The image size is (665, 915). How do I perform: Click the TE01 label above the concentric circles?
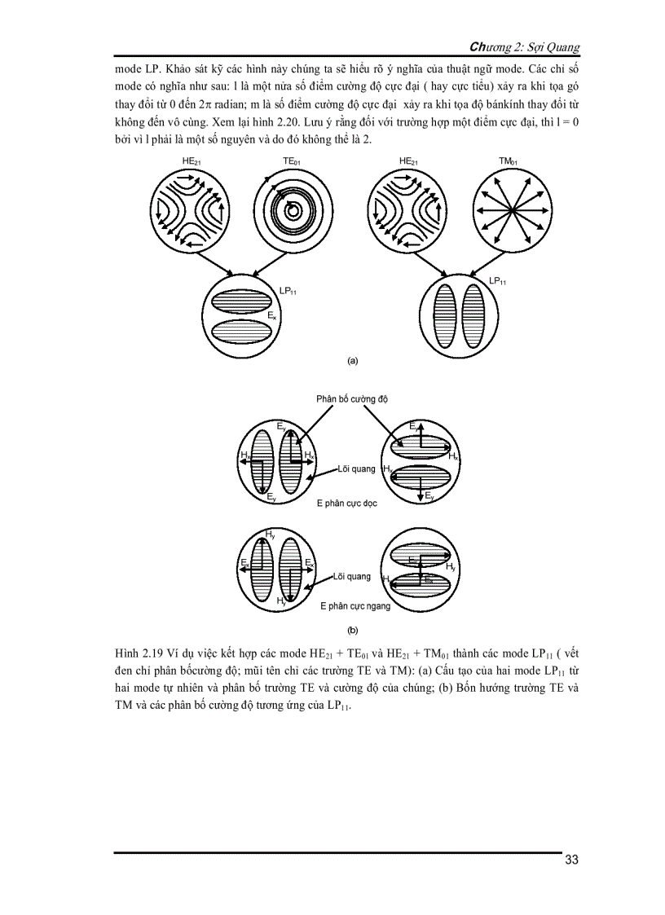[293, 163]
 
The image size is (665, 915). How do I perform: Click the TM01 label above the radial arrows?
[508, 163]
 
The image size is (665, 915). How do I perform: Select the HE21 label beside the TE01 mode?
[192, 163]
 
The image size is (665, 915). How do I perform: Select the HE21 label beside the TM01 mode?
[410, 163]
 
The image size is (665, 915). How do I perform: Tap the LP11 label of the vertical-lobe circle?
[498, 281]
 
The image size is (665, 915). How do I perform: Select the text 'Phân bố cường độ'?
[353, 399]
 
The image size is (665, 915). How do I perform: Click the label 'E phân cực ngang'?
[355, 606]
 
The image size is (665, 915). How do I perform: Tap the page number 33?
[571, 860]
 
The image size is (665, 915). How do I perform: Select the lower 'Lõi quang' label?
[351, 576]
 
